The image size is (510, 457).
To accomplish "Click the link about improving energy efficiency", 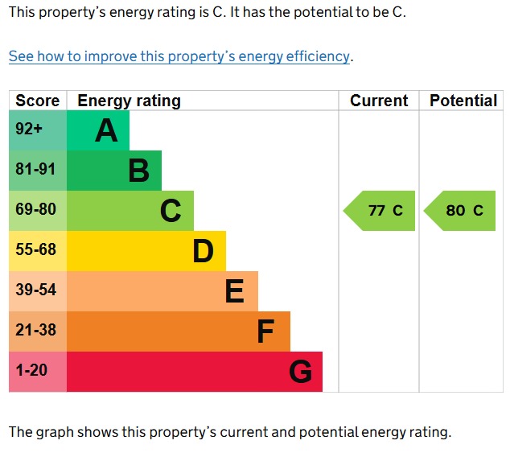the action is tap(179, 56).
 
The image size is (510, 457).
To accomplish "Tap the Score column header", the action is tap(38, 101).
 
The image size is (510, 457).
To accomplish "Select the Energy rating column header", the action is tap(130, 101).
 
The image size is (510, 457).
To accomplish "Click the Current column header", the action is tap(379, 101).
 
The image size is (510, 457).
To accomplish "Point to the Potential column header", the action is tap(463, 101).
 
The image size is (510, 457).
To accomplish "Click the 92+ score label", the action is tap(29, 129).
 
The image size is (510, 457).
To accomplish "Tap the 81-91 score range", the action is tap(35, 169).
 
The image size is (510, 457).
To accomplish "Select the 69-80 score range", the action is tap(35, 209).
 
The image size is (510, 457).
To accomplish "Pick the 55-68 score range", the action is tap(35, 249).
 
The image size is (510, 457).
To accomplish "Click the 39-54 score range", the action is tap(35, 290).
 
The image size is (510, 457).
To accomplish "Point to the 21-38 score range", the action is tap(35, 330).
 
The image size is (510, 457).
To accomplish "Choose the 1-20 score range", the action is tap(31, 370).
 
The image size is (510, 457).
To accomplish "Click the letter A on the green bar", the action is tap(106, 130).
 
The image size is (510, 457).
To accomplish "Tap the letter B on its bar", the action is tap(139, 171).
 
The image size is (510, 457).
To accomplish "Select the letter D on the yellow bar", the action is tap(204, 251).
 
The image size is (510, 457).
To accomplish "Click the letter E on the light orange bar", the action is tap(235, 291).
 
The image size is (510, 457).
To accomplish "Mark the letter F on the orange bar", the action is tap(265, 331).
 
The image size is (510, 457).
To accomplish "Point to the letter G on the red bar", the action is tap(301, 372).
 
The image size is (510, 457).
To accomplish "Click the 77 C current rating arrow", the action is tap(379, 211).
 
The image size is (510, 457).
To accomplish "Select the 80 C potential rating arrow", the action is tap(459, 211).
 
